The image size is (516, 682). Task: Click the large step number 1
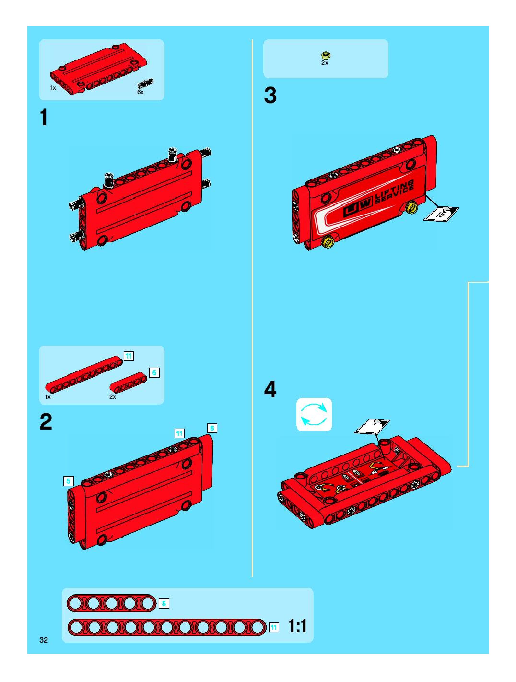44,118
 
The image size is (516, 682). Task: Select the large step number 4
270,389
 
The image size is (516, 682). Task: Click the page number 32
44,640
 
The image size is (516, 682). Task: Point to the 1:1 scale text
297,626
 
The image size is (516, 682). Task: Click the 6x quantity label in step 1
141,92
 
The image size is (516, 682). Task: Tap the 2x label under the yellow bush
325,63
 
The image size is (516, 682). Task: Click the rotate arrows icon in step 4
314,414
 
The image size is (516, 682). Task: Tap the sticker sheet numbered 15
441,213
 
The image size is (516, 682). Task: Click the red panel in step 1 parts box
99,68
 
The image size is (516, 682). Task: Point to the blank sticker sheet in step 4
372,427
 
